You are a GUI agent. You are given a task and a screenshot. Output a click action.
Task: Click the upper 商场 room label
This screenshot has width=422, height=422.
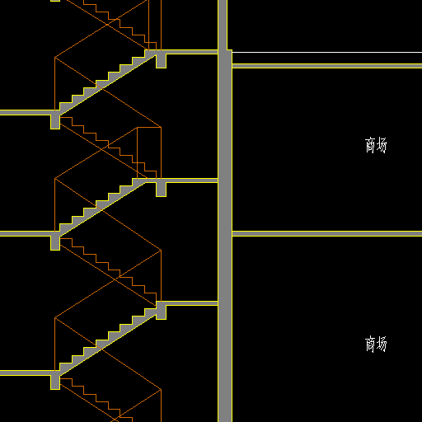click(376, 145)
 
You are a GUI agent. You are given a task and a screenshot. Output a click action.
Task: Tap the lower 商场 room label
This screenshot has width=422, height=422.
click(376, 344)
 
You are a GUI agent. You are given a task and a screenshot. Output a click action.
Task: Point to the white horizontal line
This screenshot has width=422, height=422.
click(327, 52)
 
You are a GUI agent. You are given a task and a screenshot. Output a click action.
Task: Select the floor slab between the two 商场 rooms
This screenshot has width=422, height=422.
click(327, 234)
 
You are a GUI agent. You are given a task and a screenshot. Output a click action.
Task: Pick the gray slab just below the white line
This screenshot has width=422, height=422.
click(327, 66)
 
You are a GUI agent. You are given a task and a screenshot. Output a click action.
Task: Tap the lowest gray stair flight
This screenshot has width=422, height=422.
click(107, 340)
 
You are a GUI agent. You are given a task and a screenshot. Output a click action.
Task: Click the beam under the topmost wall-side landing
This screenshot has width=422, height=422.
click(161, 61)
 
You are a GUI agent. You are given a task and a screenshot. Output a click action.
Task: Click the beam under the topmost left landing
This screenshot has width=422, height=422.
click(55, 122)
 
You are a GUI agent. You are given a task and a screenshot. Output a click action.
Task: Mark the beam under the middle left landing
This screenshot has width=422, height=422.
click(55, 243)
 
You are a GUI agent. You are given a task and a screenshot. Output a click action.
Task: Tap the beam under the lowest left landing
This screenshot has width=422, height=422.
click(55, 382)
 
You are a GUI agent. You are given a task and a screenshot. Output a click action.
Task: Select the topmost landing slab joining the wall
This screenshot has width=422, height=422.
click(187, 52)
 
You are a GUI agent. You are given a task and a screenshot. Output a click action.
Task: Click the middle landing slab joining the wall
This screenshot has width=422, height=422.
click(187, 181)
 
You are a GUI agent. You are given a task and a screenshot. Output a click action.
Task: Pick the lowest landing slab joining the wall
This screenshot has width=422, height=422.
click(187, 303)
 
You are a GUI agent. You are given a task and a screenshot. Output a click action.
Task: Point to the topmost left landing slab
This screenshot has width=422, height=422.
click(27, 112)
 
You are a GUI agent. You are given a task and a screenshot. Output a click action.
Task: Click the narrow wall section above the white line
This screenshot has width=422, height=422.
click(223, 25)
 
